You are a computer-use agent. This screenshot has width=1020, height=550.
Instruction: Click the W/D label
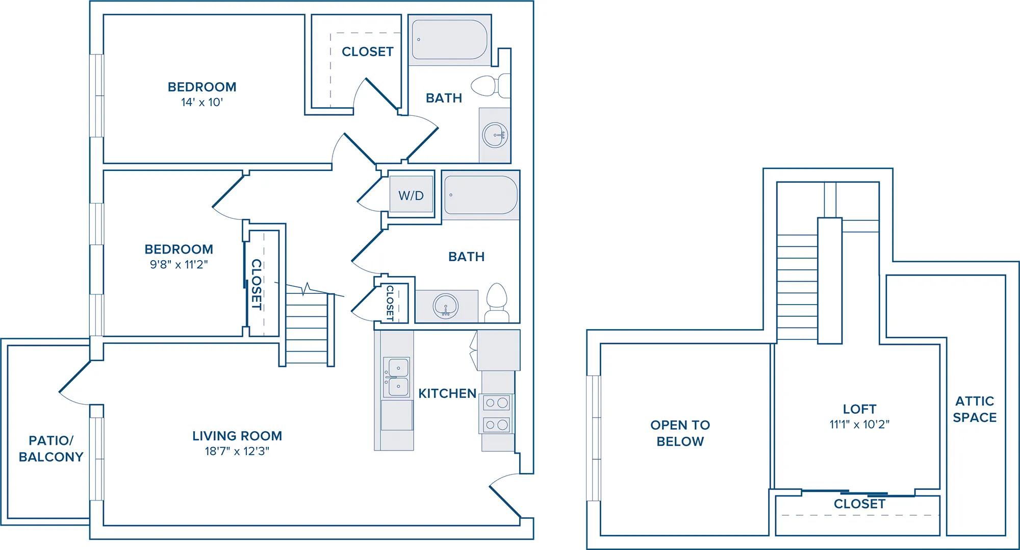[x=411, y=196]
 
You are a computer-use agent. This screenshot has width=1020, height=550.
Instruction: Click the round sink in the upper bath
[x=495, y=135]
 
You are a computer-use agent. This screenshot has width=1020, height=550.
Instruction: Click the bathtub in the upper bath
[x=449, y=40]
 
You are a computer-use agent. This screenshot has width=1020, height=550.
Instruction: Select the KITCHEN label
[x=447, y=393]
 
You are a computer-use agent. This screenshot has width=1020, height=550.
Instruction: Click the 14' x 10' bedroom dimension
[x=202, y=102]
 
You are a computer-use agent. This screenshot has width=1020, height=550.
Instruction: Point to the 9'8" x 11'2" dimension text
[x=179, y=264]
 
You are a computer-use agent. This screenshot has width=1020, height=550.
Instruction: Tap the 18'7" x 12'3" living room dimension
[x=237, y=451]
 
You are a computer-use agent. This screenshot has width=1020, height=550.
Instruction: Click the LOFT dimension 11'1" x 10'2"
[x=860, y=424]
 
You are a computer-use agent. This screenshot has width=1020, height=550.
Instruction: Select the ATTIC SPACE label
[x=975, y=409]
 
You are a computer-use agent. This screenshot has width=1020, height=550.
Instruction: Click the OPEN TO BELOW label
[x=680, y=433]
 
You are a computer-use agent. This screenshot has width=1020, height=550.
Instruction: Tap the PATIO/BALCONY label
[x=51, y=448]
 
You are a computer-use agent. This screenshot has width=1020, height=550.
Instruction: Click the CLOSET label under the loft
[x=860, y=504]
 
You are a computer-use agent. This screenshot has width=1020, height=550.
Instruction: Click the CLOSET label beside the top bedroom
[x=368, y=52]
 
